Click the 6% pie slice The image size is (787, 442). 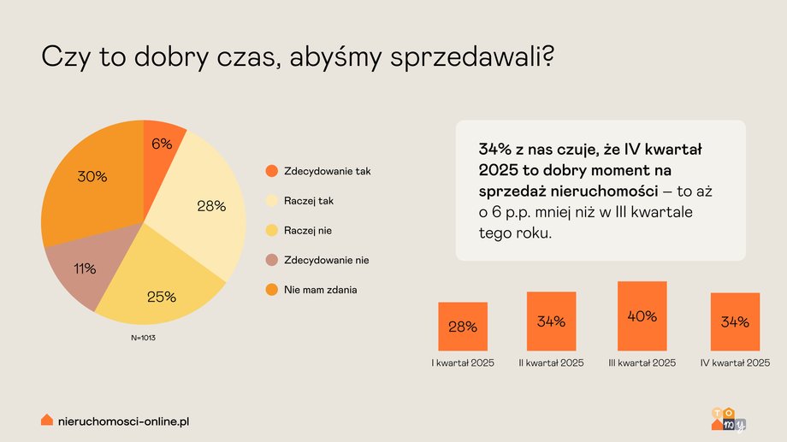(x=160, y=145)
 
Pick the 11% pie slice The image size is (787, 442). (x=86, y=269)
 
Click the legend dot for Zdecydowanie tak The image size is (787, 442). (x=271, y=171)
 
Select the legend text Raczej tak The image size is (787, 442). (x=310, y=201)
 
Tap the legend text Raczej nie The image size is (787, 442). (x=309, y=231)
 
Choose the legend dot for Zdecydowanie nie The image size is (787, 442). (x=271, y=260)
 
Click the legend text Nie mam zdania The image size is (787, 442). (x=321, y=290)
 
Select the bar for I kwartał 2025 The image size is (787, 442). (x=463, y=326)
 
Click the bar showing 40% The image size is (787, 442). (x=642, y=315)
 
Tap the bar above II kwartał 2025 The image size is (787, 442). (x=552, y=321)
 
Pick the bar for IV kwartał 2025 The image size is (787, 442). (x=735, y=321)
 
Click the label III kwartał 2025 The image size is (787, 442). (x=642, y=363)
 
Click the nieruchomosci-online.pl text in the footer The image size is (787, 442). (x=122, y=421)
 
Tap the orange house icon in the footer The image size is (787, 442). (x=47, y=421)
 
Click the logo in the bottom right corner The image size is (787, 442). (x=728, y=419)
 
